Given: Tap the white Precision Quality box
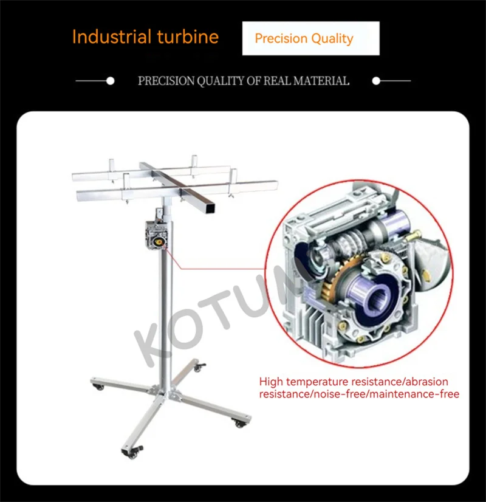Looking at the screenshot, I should (x=310, y=39).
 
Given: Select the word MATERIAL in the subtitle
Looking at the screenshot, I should (x=323, y=81).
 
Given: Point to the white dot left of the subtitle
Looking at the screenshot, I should (x=110, y=80).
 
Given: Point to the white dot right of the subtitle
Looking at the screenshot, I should (x=376, y=80).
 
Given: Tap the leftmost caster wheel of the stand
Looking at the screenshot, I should (x=97, y=386).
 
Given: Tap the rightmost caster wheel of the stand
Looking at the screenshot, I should (x=241, y=423).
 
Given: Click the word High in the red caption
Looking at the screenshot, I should (x=271, y=382).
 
